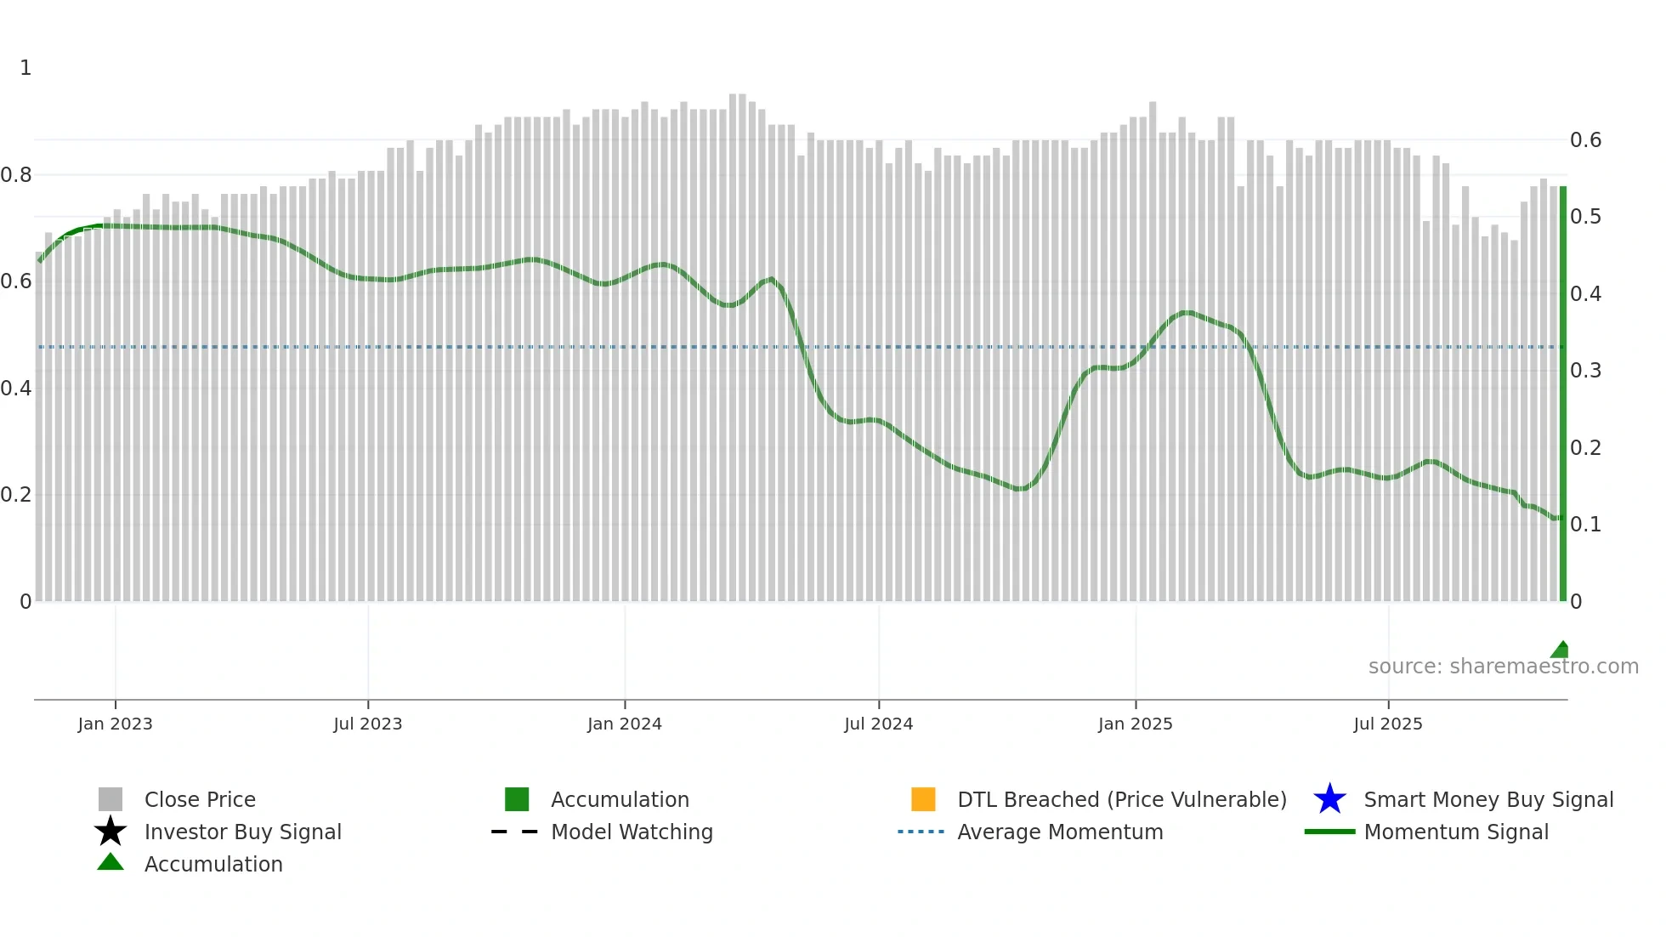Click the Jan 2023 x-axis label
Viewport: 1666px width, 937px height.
pyautogui.click(x=115, y=724)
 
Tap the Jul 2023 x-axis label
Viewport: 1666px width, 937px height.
pyautogui.click(x=367, y=724)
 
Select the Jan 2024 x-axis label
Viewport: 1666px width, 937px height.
pyautogui.click(x=624, y=724)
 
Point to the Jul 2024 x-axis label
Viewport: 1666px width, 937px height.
pyautogui.click(x=878, y=724)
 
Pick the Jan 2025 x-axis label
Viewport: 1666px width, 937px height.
pyautogui.click(x=1135, y=724)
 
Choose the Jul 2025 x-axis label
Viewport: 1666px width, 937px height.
pyautogui.click(x=1387, y=724)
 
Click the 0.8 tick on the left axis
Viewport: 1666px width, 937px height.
pyautogui.click(x=16, y=175)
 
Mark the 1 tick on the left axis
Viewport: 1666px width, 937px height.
pyautogui.click(x=25, y=68)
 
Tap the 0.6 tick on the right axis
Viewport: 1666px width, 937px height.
pyautogui.click(x=1585, y=140)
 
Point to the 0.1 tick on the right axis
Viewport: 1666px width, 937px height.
pyautogui.click(x=1585, y=525)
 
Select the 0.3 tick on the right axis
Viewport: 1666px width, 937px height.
pyautogui.click(x=1585, y=371)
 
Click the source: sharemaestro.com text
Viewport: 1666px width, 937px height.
pyautogui.click(x=1503, y=667)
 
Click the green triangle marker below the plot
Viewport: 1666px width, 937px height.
pyautogui.click(x=1560, y=650)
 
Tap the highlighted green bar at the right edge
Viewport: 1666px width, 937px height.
pyautogui.click(x=1562, y=391)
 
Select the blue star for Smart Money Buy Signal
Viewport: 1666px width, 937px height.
pyautogui.click(x=1329, y=799)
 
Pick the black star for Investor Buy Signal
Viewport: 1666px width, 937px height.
pyautogui.click(x=110, y=832)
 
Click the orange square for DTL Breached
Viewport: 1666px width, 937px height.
pyautogui.click(x=923, y=799)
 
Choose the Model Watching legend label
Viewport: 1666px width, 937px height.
pyautogui.click(x=632, y=832)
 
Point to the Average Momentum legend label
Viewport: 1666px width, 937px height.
pyautogui.click(x=1060, y=832)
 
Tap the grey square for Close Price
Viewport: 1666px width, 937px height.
pyautogui.click(x=110, y=799)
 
